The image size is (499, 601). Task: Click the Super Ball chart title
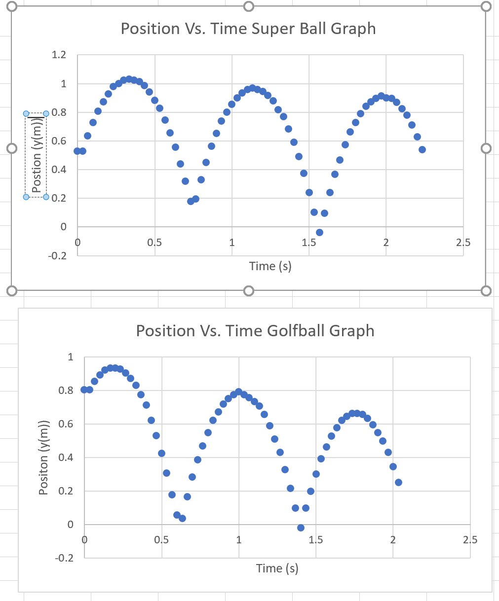(248, 29)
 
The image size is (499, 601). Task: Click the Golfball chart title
(255, 330)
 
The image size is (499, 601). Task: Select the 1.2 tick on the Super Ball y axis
(59, 55)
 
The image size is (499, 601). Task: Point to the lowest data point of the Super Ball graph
(319, 232)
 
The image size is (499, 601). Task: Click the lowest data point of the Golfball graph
(301, 528)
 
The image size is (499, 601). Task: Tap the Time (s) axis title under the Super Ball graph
(270, 266)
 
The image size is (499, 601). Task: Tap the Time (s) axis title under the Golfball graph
(277, 568)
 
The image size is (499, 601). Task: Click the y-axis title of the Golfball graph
(44, 458)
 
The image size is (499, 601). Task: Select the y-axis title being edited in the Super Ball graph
(37, 155)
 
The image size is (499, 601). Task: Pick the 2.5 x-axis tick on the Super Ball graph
(463, 242)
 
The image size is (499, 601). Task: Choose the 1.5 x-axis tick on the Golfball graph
(316, 539)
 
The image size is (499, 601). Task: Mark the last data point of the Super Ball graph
(422, 149)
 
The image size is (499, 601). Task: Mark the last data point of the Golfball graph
(398, 482)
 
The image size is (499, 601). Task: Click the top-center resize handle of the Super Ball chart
(249, 6)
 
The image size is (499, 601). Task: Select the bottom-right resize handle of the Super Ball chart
(486, 290)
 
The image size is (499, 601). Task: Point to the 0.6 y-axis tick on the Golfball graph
(66, 424)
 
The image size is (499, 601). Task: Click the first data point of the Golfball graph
(84, 389)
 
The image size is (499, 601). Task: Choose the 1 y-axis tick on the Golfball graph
(70, 357)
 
